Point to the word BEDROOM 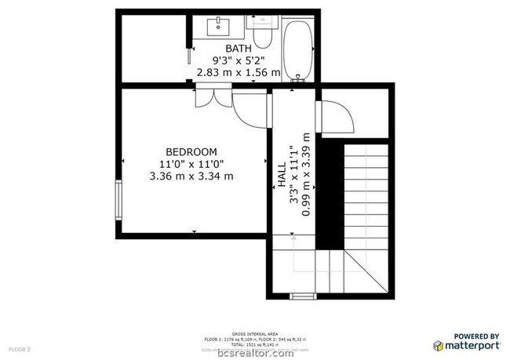(x=191, y=151)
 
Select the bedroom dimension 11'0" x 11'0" (x=191, y=164)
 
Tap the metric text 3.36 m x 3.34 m (x=191, y=176)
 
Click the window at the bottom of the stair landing (x=301, y=296)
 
